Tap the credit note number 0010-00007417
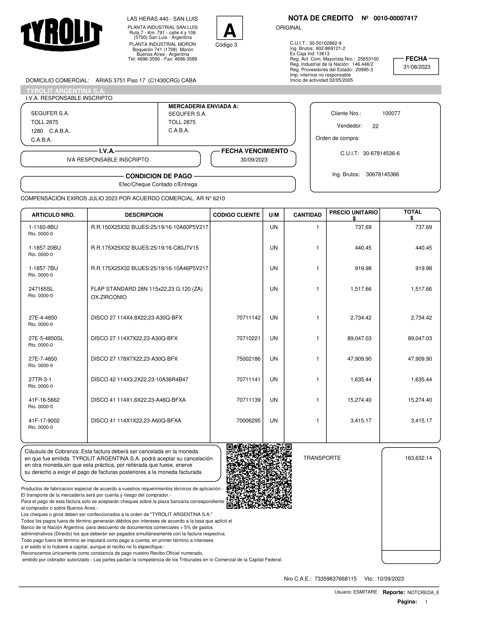click(395, 18)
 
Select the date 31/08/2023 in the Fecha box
click(416, 67)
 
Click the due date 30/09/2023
click(254, 160)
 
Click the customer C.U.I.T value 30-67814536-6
click(381, 154)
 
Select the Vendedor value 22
click(375, 126)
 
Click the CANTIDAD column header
click(307, 215)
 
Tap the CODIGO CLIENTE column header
click(236, 215)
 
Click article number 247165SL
click(41, 289)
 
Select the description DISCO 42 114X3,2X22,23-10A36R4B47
click(139, 380)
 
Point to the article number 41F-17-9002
click(44, 420)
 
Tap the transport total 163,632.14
click(418, 458)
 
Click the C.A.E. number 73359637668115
click(335, 579)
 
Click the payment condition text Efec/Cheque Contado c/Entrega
click(158, 184)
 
